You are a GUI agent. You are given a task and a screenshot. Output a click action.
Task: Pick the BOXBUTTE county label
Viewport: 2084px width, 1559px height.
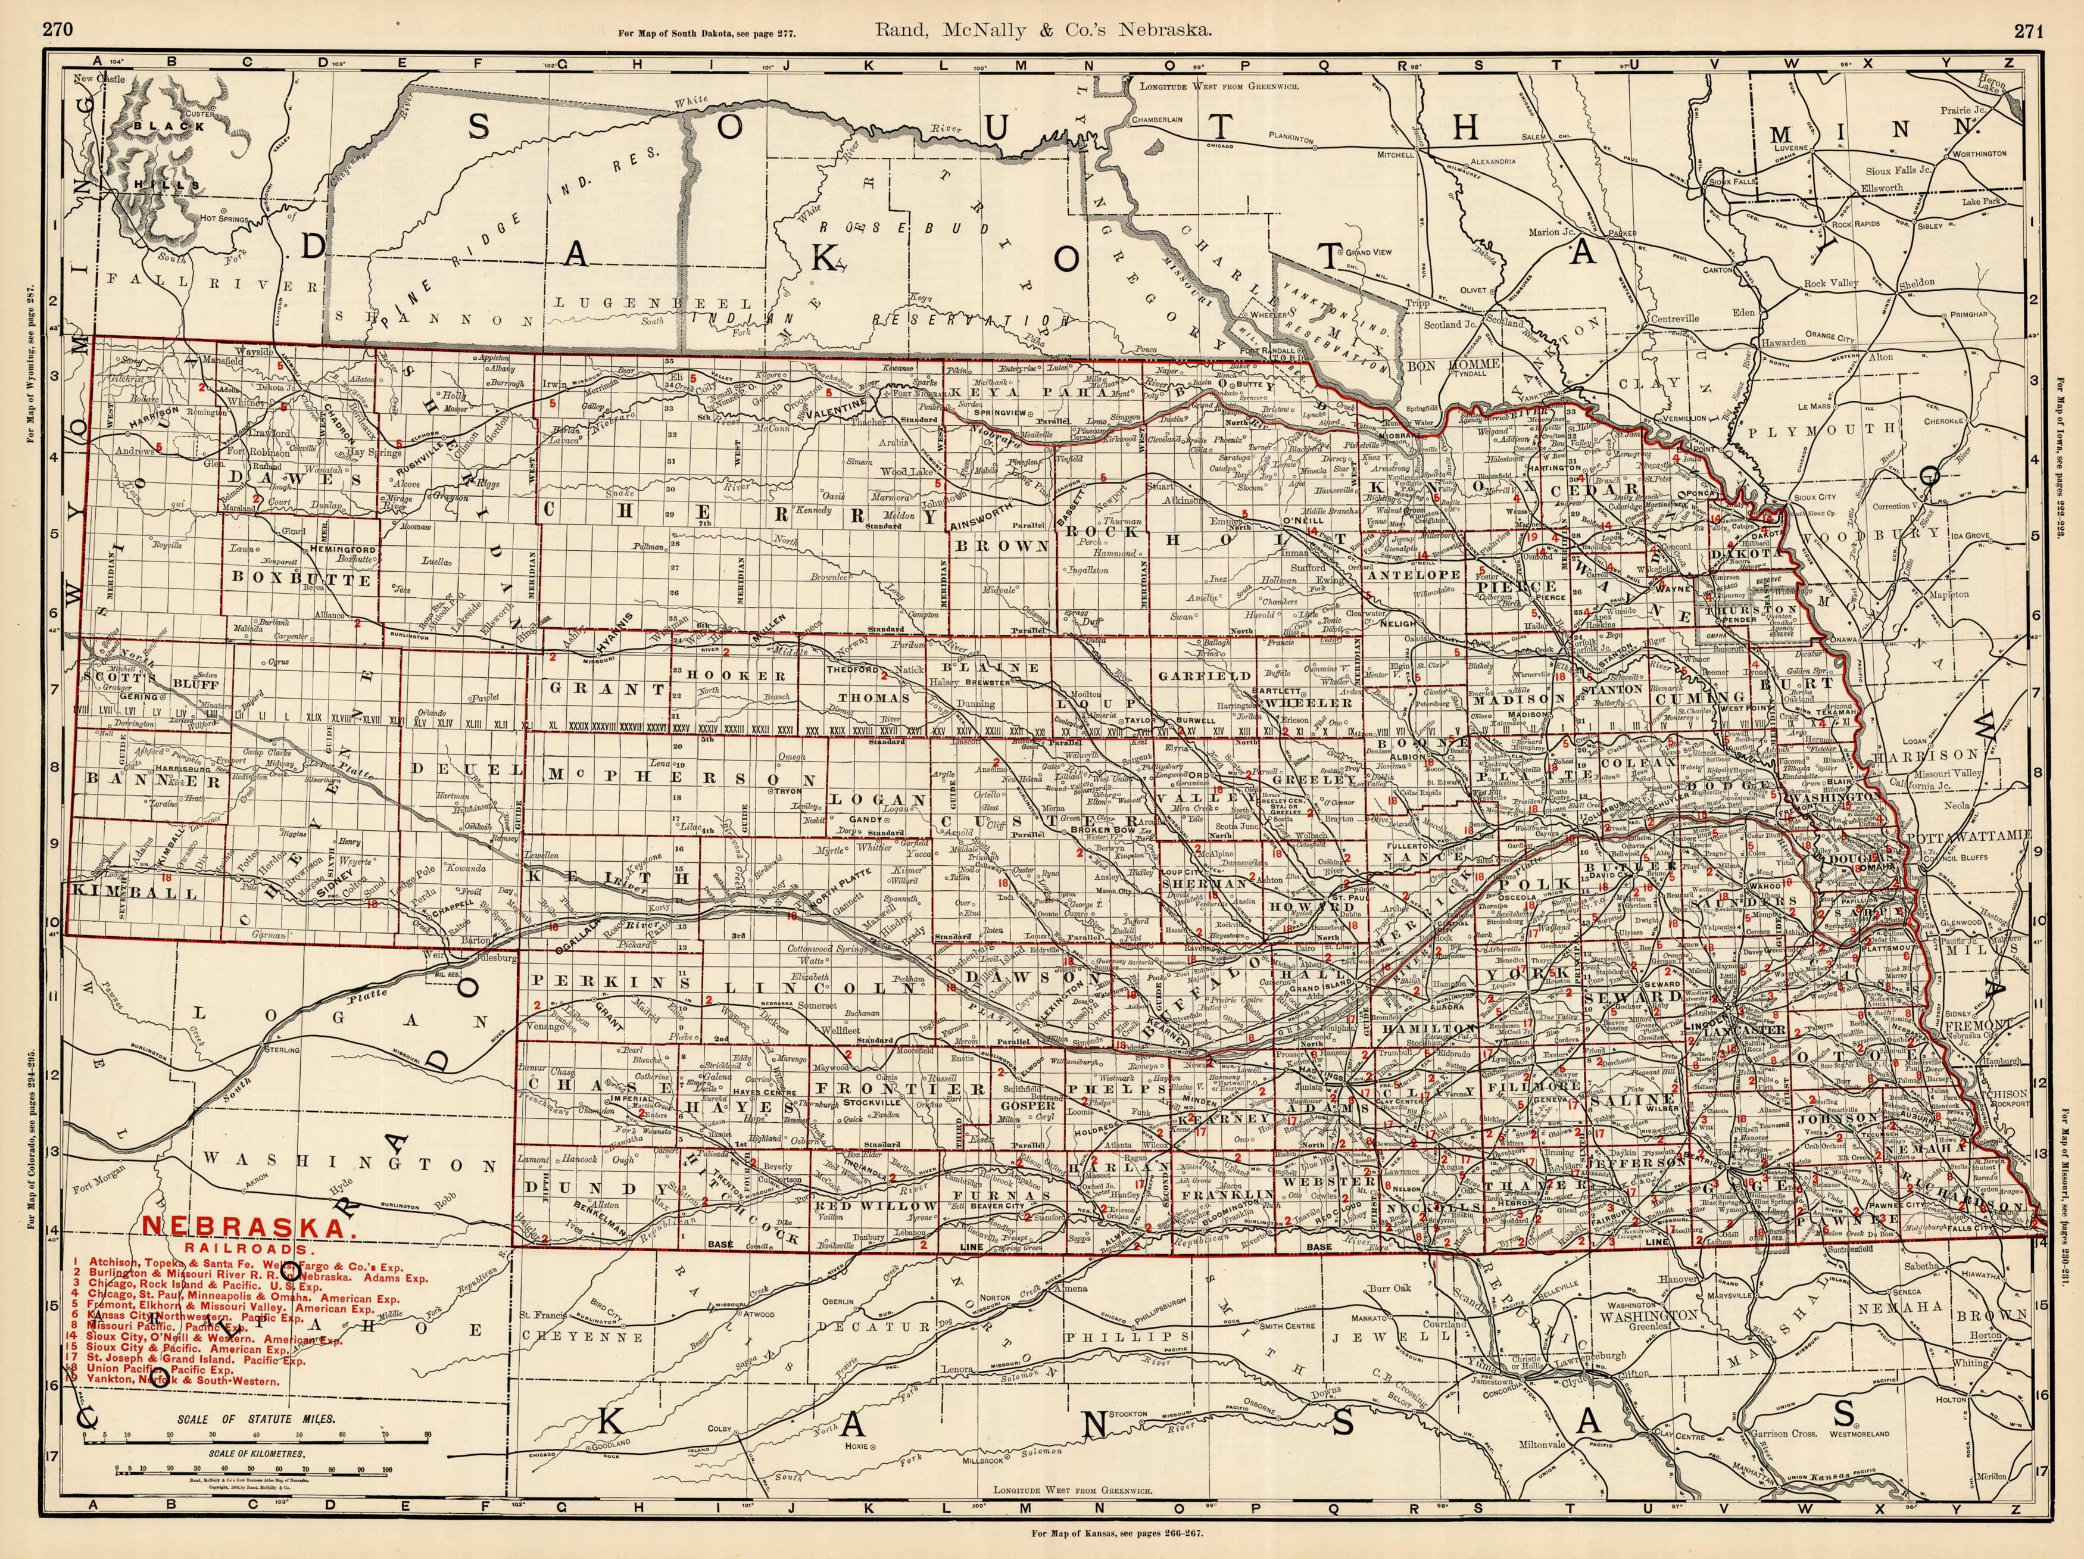[300, 578]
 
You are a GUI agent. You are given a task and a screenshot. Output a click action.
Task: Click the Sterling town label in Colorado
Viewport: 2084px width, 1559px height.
[283, 1049]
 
